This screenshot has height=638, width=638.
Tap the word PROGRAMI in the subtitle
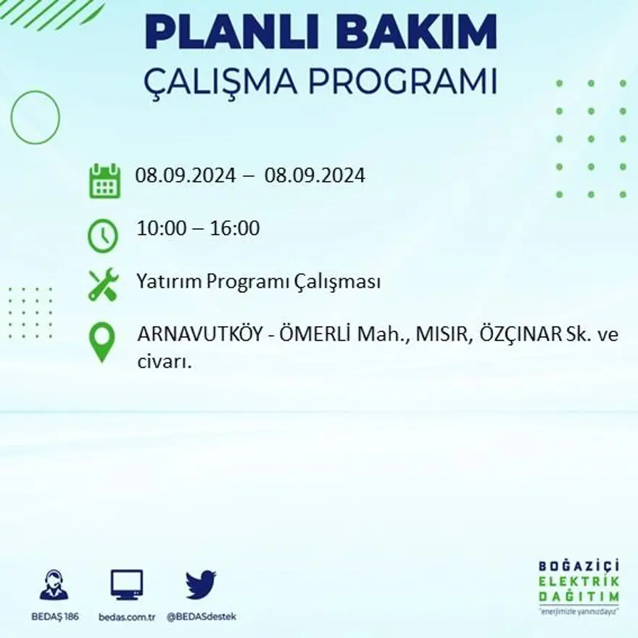coord(403,81)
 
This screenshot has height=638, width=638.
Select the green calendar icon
coord(104,181)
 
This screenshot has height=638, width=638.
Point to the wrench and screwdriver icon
coord(103,284)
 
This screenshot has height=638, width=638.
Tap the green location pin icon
coord(103,341)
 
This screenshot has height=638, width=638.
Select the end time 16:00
coord(235,229)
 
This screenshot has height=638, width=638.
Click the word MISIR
coord(440,336)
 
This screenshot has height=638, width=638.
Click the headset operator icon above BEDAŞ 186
coord(54,585)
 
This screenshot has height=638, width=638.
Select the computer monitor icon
coord(127,584)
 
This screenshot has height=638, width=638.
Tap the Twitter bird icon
coord(201,584)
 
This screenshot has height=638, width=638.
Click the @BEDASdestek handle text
coord(202,617)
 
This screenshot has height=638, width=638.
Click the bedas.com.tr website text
coord(127,617)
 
